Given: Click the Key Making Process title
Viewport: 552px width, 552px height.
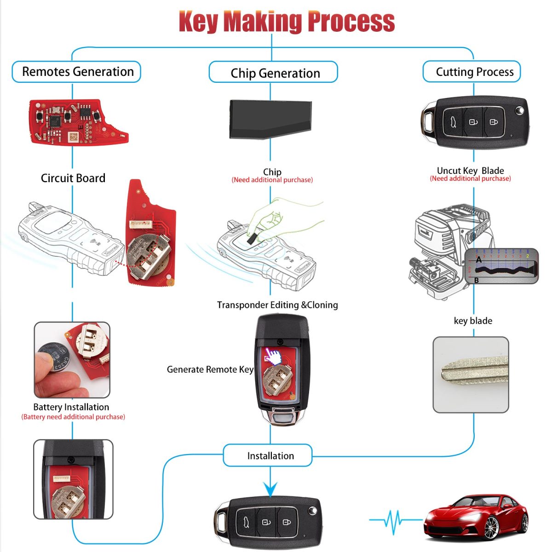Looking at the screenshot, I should click(x=287, y=22).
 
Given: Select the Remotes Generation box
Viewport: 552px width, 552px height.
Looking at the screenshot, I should click(x=76, y=72).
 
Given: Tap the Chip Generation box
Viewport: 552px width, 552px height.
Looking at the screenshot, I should click(x=274, y=73).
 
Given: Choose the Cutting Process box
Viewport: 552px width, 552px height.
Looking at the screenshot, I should click(x=472, y=72).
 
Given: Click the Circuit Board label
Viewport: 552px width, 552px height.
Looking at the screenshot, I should click(x=73, y=178).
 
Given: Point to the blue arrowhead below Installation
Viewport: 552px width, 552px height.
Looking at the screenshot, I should click(x=270, y=489).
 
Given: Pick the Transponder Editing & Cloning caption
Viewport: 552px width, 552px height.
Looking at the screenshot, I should click(x=277, y=305).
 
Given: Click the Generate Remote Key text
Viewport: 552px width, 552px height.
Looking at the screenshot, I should click(x=210, y=369).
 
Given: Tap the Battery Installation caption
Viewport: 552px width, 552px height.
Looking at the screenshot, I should click(x=71, y=407).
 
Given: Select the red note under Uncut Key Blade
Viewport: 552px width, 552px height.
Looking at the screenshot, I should click(x=470, y=178).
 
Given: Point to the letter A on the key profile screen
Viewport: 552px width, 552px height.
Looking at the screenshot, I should click(x=479, y=260).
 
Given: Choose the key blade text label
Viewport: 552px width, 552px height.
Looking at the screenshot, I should click(x=473, y=321).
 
